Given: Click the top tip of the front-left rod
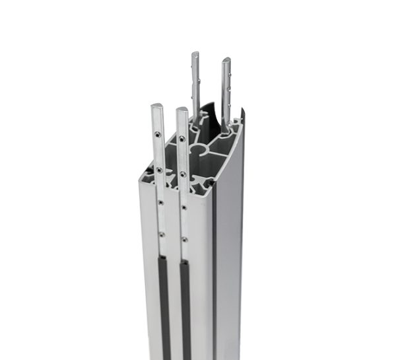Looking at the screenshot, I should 157,106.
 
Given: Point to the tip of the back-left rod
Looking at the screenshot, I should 196,54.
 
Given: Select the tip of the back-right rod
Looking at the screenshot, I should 226,61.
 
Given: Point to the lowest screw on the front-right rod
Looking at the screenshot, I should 184,239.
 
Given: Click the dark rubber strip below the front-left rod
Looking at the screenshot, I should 164,304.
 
